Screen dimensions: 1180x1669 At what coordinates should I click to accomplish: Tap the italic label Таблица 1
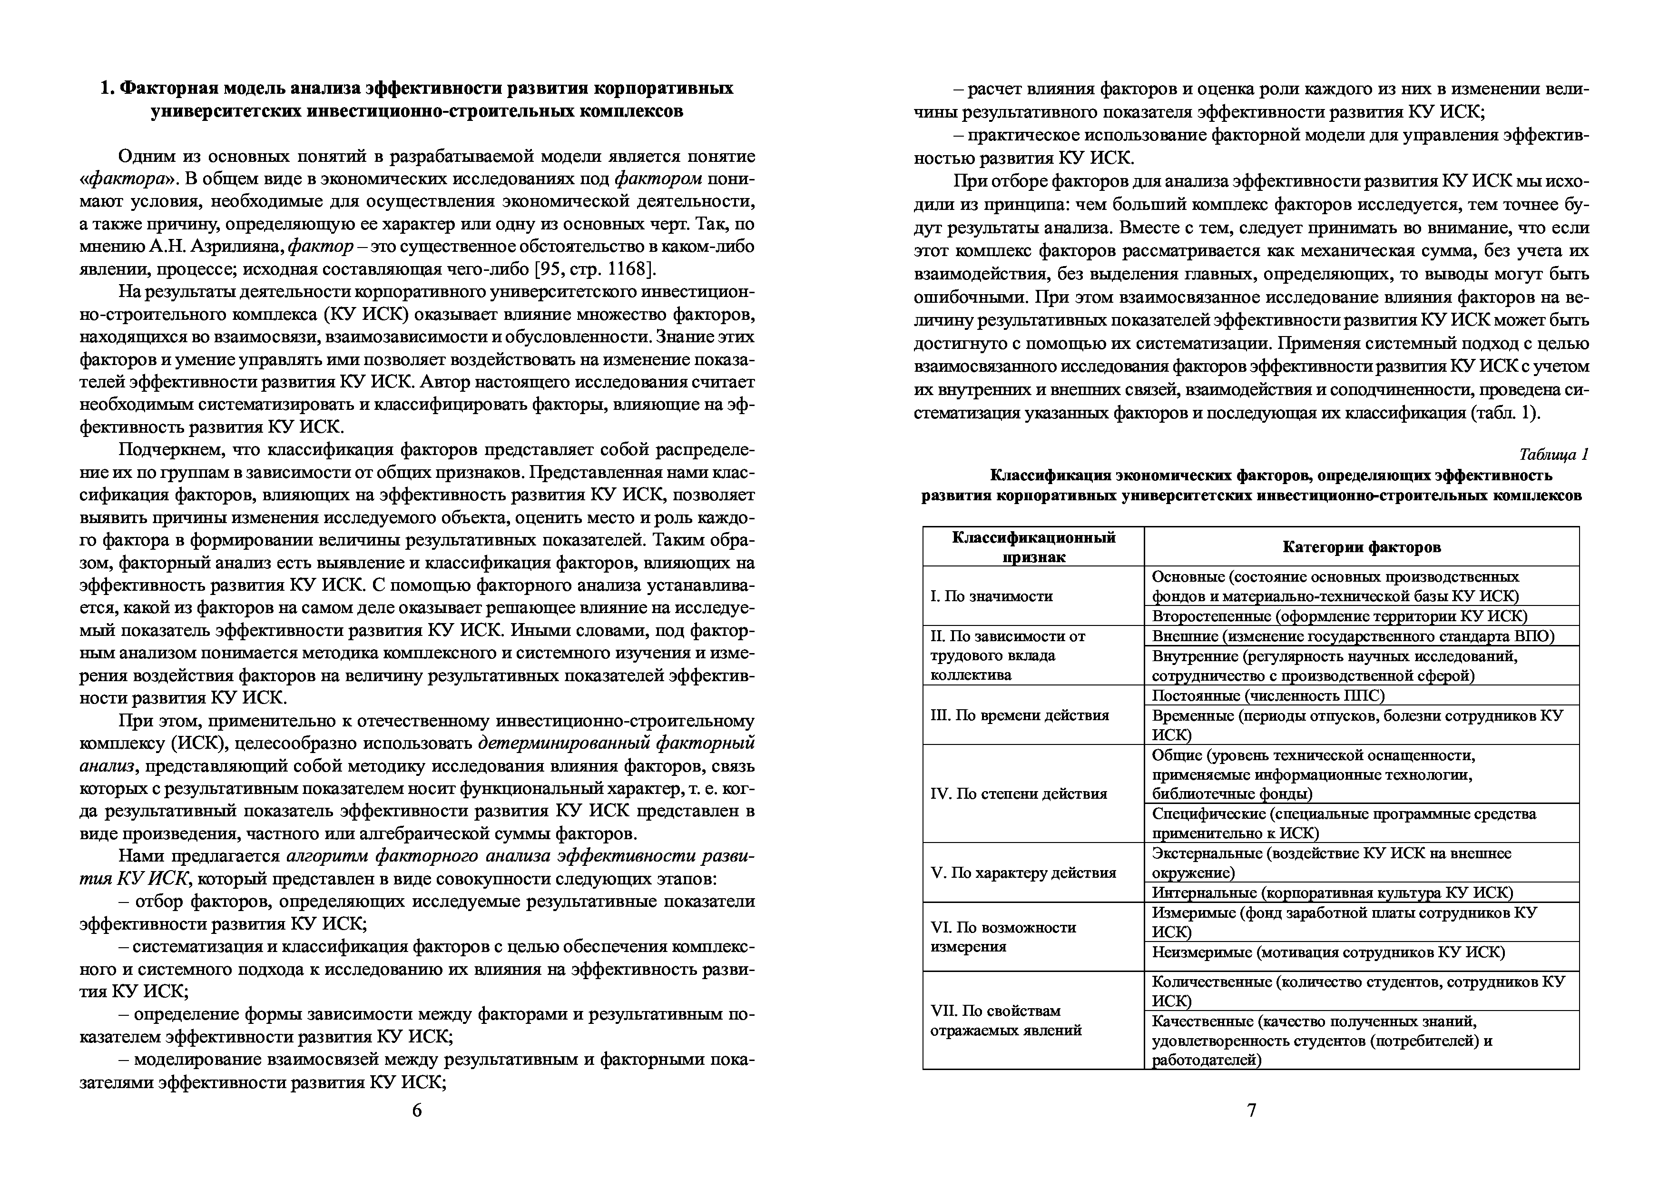coord(1553,455)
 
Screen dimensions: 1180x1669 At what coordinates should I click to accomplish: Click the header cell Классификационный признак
coord(1033,547)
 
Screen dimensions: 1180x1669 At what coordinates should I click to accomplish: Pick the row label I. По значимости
coord(992,596)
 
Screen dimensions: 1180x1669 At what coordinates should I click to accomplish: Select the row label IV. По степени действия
coord(1019,793)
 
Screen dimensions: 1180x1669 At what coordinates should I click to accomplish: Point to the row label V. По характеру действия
coord(1023,873)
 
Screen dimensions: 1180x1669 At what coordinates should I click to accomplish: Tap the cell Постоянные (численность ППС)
coord(1268,695)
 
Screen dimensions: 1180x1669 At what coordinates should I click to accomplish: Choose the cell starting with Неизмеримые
coord(1328,952)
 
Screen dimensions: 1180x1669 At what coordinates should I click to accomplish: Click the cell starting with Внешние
coord(1353,636)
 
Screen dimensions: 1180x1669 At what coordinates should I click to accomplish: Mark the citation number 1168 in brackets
coord(628,269)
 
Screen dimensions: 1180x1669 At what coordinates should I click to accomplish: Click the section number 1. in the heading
coord(107,89)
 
